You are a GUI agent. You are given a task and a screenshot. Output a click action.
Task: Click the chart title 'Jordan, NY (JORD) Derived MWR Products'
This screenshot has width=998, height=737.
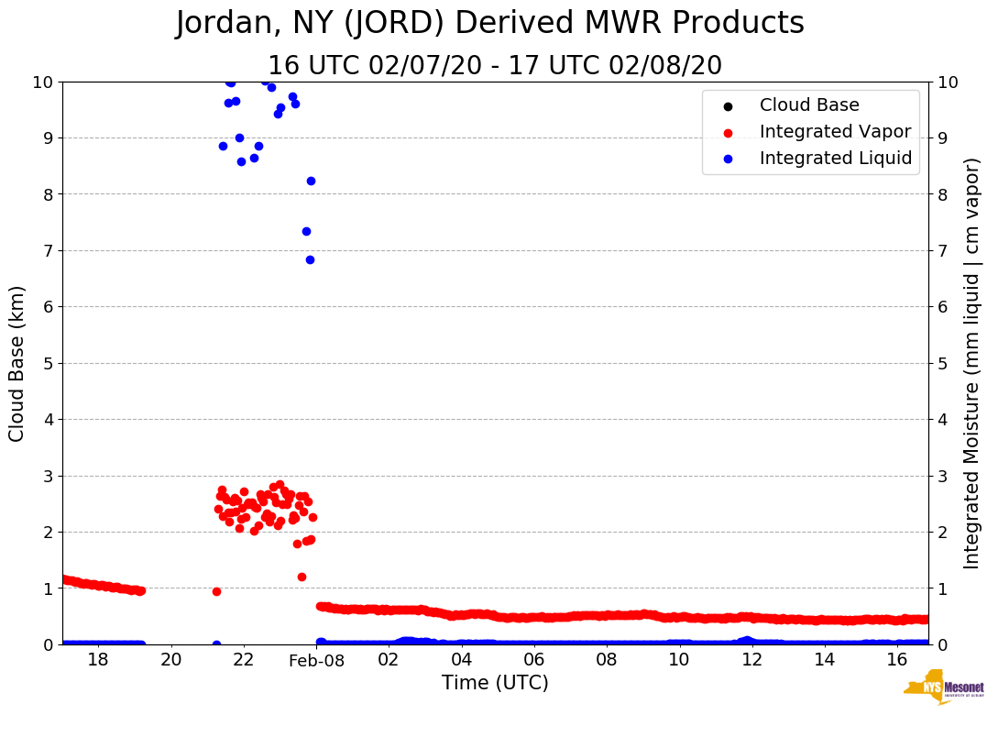[489, 24]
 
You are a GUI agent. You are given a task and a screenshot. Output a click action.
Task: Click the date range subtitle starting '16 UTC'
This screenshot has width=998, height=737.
[494, 66]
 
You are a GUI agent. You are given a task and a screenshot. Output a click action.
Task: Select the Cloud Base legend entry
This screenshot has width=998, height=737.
[809, 105]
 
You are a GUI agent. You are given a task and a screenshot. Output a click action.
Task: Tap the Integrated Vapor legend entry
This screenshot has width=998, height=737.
[835, 132]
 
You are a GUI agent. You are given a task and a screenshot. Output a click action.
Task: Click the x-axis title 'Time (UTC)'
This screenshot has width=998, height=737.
[495, 683]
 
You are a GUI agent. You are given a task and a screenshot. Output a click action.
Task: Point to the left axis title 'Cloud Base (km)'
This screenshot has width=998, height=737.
[17, 363]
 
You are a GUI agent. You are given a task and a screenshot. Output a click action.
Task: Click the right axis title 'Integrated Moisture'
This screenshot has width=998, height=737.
[972, 363]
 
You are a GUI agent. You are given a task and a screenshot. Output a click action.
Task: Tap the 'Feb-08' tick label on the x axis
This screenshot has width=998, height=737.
[316, 660]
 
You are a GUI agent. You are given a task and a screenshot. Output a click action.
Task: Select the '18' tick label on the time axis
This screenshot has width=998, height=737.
[98, 660]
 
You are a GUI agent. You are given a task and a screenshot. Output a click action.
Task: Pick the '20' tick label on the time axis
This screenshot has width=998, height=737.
[171, 660]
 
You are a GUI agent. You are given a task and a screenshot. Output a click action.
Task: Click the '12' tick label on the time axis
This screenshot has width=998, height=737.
[751, 660]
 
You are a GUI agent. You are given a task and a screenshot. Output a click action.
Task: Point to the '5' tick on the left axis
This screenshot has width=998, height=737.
[48, 363]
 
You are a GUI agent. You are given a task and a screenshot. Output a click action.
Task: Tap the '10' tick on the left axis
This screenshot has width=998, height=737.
[44, 82]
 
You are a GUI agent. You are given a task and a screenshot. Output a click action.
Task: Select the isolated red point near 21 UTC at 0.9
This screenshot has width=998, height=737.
[216, 591]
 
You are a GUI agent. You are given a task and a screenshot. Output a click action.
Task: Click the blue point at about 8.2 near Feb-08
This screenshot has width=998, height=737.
[311, 181]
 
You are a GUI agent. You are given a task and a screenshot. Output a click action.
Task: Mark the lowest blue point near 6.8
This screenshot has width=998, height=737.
[310, 259]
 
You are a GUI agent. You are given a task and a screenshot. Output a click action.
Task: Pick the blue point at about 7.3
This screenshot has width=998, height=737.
[306, 231]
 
